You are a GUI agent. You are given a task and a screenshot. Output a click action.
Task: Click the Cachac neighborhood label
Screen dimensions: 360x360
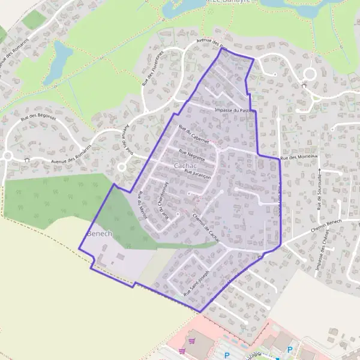click(184, 165)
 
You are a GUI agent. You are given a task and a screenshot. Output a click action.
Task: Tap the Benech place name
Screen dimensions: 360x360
click(100, 233)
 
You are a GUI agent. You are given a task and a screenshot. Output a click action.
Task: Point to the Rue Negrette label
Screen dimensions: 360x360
click(192, 155)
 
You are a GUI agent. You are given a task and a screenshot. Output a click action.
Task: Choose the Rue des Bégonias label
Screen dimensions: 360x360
click(38, 117)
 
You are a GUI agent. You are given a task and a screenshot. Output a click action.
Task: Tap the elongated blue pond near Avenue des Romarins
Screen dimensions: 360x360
click(58, 62)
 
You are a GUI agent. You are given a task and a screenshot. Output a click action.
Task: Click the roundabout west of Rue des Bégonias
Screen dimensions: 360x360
click(7, 156)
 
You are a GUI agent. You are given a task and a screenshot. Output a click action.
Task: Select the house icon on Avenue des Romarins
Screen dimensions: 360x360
click(28, 159)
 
